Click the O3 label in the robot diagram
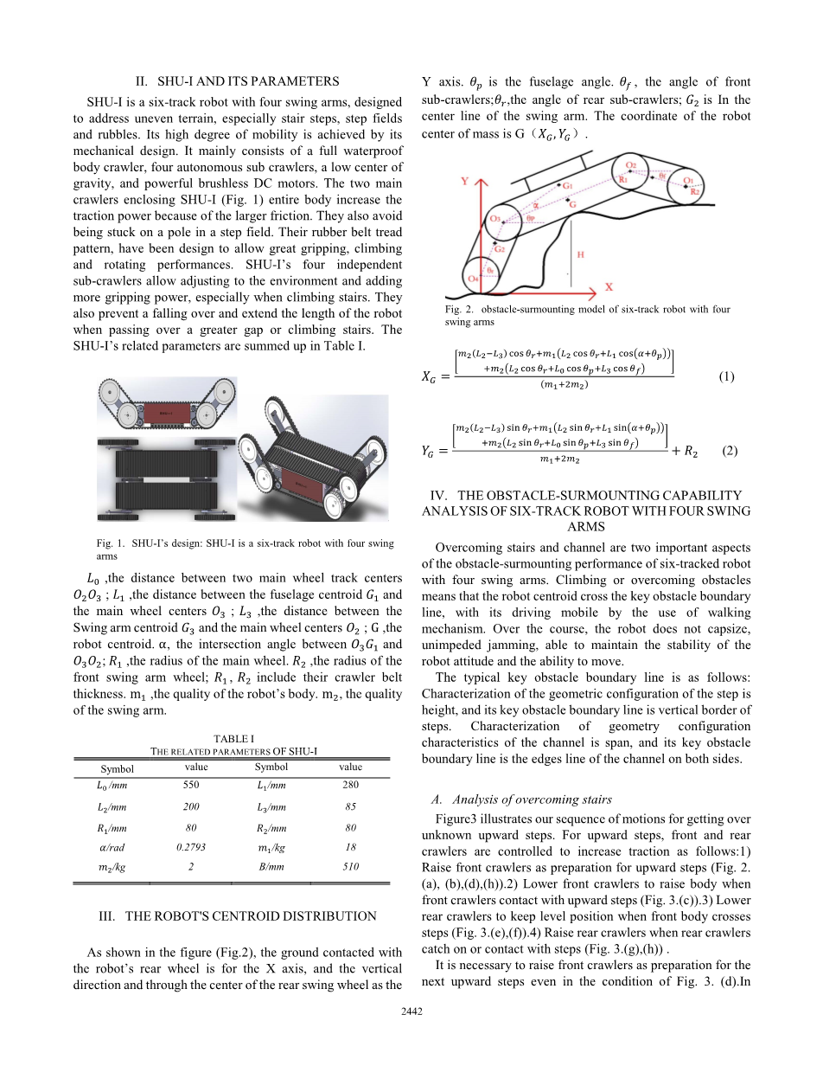494,218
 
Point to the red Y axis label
465,182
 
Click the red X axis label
609,286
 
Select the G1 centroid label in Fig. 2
567,186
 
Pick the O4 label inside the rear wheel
473,279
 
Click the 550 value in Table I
192,785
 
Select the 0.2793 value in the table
191,847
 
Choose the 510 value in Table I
350,866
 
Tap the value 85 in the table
350,806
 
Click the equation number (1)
727,376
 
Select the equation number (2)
729,451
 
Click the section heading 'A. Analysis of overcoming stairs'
524,799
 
